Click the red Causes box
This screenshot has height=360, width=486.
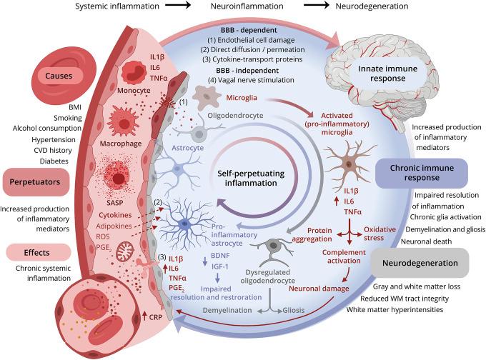(42, 75)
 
